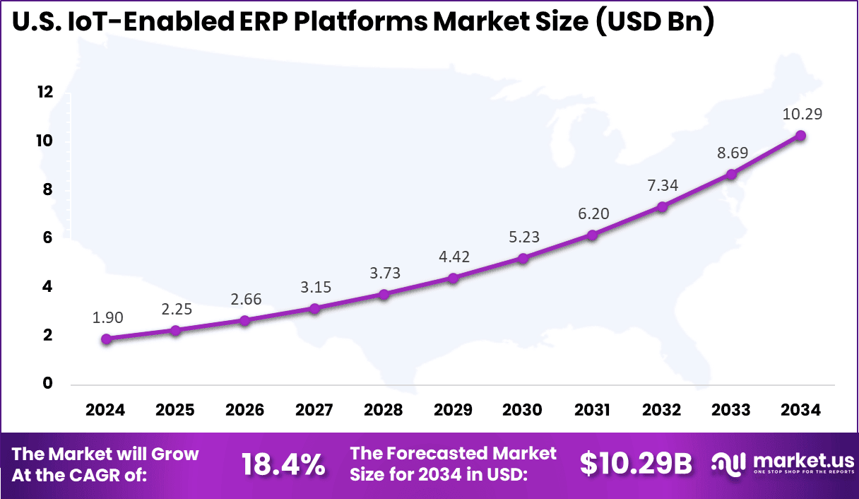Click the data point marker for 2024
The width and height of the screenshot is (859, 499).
107,339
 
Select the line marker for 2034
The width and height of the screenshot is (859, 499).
800,136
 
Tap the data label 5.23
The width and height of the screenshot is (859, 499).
523,237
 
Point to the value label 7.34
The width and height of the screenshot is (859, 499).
662,186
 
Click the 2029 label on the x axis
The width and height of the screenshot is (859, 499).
453,410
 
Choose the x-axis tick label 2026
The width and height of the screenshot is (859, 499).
244,410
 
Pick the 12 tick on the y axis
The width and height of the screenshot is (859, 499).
46,93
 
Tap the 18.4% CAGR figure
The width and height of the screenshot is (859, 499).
283,464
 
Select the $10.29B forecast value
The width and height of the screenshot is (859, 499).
636,464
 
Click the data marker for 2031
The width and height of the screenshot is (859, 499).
592,235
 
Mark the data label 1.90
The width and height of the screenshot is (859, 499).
107,318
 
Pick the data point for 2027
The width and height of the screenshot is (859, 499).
314,308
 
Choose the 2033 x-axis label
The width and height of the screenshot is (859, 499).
731,410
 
